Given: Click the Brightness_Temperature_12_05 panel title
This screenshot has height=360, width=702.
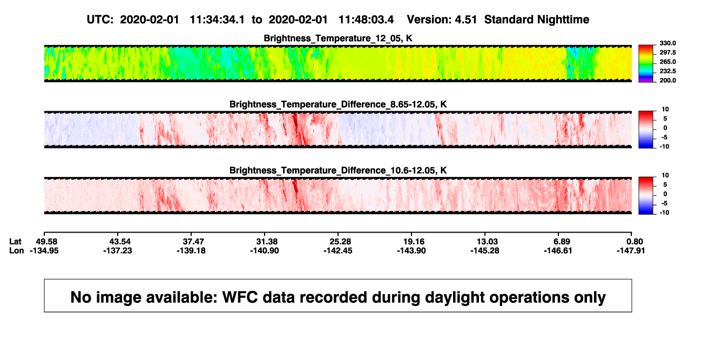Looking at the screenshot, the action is point(338,38).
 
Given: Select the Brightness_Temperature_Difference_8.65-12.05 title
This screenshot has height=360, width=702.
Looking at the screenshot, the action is point(338,104).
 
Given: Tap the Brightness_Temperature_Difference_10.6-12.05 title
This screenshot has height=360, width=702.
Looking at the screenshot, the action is point(338,171).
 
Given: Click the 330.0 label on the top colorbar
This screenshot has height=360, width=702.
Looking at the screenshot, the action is point(667,43).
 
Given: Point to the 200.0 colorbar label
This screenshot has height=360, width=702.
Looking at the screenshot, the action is point(667,80).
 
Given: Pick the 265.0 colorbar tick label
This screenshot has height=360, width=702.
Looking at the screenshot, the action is point(667,62).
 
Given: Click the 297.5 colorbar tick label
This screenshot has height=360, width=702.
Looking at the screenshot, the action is point(667,52).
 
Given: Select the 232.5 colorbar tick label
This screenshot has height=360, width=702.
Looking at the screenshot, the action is point(667,71).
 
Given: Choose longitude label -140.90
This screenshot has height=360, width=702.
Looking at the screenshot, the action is point(265,250).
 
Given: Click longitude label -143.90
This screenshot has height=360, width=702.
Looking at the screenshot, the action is point(411,250).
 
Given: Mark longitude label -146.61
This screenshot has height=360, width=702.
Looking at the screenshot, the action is point(558,250).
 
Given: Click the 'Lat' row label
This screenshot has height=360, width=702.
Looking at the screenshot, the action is point(15,242).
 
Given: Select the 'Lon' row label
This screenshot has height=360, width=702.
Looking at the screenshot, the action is point(16,250).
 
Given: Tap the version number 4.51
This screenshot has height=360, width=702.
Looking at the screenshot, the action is point(466,20).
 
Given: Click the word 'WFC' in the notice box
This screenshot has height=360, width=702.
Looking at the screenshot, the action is point(240,297).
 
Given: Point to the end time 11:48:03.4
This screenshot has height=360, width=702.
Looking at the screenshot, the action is point(366,20).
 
